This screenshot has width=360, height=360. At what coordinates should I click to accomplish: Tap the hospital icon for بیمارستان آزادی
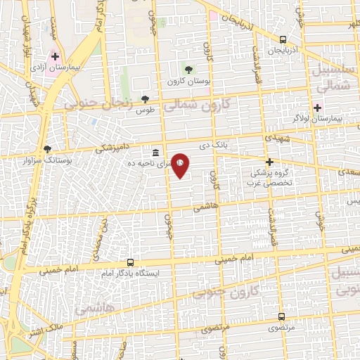click(x=55, y=56)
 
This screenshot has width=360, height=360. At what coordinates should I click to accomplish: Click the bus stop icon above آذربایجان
click(x=283, y=39)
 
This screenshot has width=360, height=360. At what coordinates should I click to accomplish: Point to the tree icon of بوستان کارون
click(x=188, y=69)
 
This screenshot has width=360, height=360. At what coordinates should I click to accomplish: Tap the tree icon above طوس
click(x=146, y=99)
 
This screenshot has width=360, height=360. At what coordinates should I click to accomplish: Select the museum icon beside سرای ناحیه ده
click(x=155, y=153)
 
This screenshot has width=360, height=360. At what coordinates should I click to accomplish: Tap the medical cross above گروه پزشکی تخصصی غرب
click(x=269, y=161)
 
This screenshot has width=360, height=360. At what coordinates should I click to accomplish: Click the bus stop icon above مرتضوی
click(x=281, y=316)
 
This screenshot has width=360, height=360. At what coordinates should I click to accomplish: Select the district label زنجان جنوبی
click(x=98, y=104)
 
